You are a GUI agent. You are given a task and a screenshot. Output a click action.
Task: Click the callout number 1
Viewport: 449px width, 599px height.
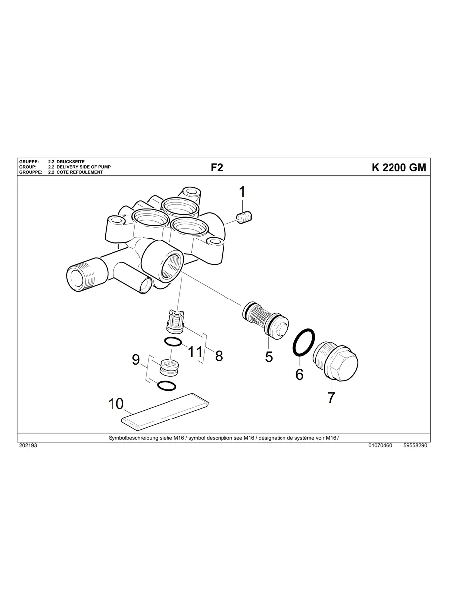pyautogui.click(x=242, y=192)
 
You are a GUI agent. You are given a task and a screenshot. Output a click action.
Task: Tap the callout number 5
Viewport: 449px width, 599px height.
pyautogui.click(x=269, y=357)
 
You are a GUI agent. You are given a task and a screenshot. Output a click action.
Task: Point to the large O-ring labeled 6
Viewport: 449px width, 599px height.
pyautogui.click(x=303, y=342)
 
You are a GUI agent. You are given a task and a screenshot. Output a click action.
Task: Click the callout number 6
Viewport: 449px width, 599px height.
pyautogui.click(x=299, y=374)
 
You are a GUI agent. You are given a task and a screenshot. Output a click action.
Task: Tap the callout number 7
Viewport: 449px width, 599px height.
pyautogui.click(x=331, y=397)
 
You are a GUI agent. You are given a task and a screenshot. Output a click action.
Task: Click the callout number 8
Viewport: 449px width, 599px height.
pyautogui.click(x=219, y=356)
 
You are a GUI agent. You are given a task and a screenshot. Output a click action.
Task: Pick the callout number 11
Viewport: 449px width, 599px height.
pyautogui.click(x=196, y=352)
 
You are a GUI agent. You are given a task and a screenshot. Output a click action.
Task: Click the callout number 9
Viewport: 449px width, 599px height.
pyautogui.click(x=136, y=360)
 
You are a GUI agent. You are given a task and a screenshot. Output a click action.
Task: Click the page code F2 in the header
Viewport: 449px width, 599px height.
pyautogui.click(x=217, y=168)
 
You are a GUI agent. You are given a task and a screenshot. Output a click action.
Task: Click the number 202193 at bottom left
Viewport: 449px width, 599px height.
pyautogui.click(x=28, y=446)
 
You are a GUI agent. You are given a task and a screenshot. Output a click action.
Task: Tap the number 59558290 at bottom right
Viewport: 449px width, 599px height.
pyautogui.click(x=415, y=446)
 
